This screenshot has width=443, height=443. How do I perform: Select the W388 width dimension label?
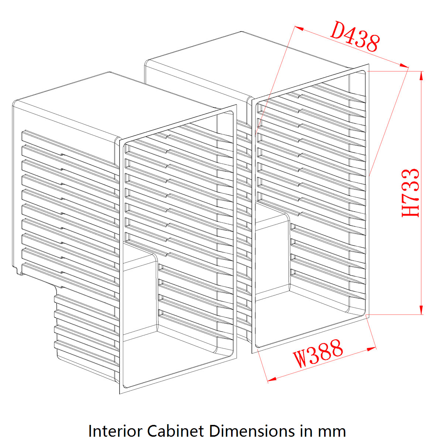(x=319, y=354)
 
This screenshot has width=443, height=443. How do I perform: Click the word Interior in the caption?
(x=115, y=431)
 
